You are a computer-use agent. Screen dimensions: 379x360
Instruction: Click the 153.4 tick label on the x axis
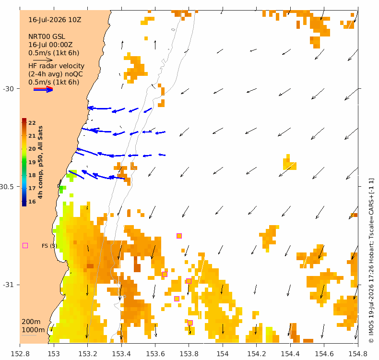[x=121, y=354]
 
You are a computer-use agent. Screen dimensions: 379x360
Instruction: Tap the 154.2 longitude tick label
[x=257, y=354]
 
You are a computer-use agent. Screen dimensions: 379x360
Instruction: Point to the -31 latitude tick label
[x=8, y=285]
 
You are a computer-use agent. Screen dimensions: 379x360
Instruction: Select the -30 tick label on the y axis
[x=8, y=89]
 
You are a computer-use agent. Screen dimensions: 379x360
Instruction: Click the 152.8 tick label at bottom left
[x=20, y=354]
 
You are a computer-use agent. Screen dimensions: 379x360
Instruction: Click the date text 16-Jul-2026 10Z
[x=55, y=20]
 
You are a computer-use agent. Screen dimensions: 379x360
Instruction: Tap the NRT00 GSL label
[x=47, y=37]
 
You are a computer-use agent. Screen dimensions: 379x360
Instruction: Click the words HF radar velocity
[x=56, y=66]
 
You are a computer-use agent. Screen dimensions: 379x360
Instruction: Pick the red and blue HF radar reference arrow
[x=43, y=89]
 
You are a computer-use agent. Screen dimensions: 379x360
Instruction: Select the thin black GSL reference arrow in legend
[x=43, y=60]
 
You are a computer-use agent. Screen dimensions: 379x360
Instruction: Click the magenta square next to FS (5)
[x=25, y=246]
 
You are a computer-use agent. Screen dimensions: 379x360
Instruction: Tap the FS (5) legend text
[x=49, y=246]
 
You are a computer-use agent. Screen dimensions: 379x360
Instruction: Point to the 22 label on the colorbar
[x=32, y=123]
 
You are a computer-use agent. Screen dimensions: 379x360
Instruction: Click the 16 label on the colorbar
[x=32, y=202]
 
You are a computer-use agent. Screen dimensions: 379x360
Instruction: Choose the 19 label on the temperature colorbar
[x=32, y=162]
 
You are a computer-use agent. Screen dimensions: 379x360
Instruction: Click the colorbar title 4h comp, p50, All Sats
[x=40, y=162]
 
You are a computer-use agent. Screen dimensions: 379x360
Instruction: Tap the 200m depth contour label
[x=31, y=322]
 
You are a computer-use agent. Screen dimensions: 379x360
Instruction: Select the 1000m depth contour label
[x=33, y=330]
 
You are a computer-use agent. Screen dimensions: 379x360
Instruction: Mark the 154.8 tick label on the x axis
[x=358, y=354]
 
